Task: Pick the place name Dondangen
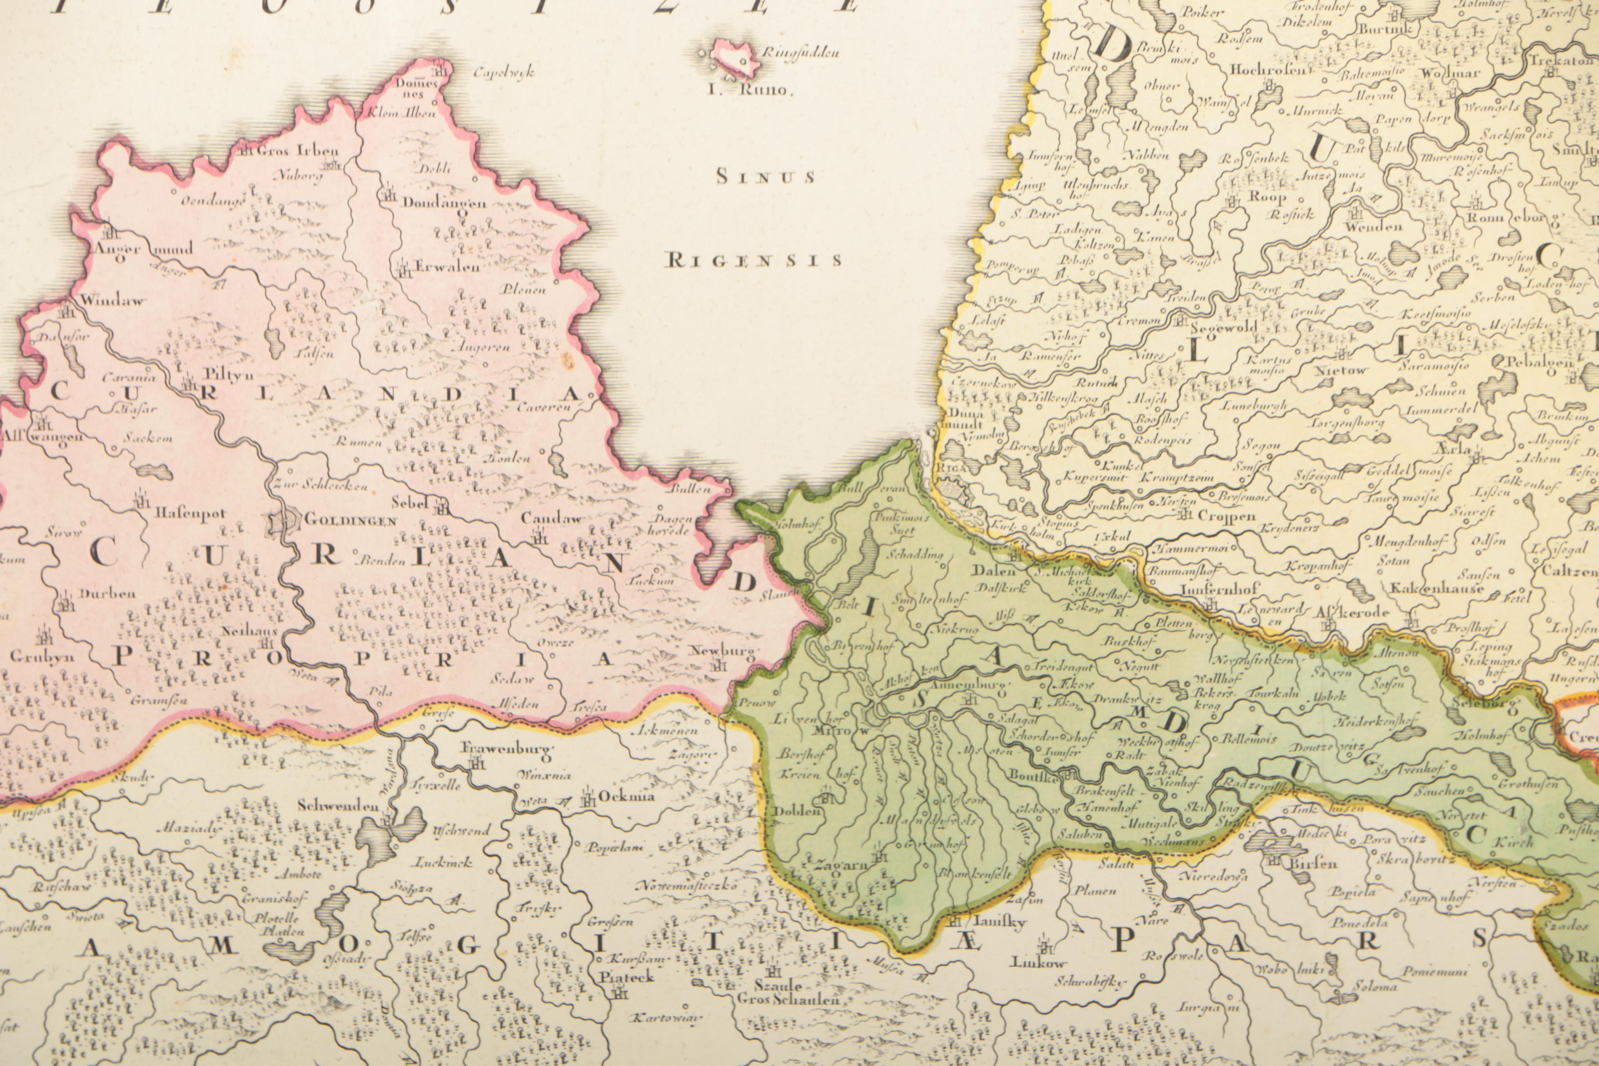[444, 203]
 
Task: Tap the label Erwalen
[447, 266]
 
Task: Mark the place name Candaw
[551, 518]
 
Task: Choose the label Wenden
[1373, 226]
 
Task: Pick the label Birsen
[1314, 863]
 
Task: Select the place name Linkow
[1038, 963]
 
